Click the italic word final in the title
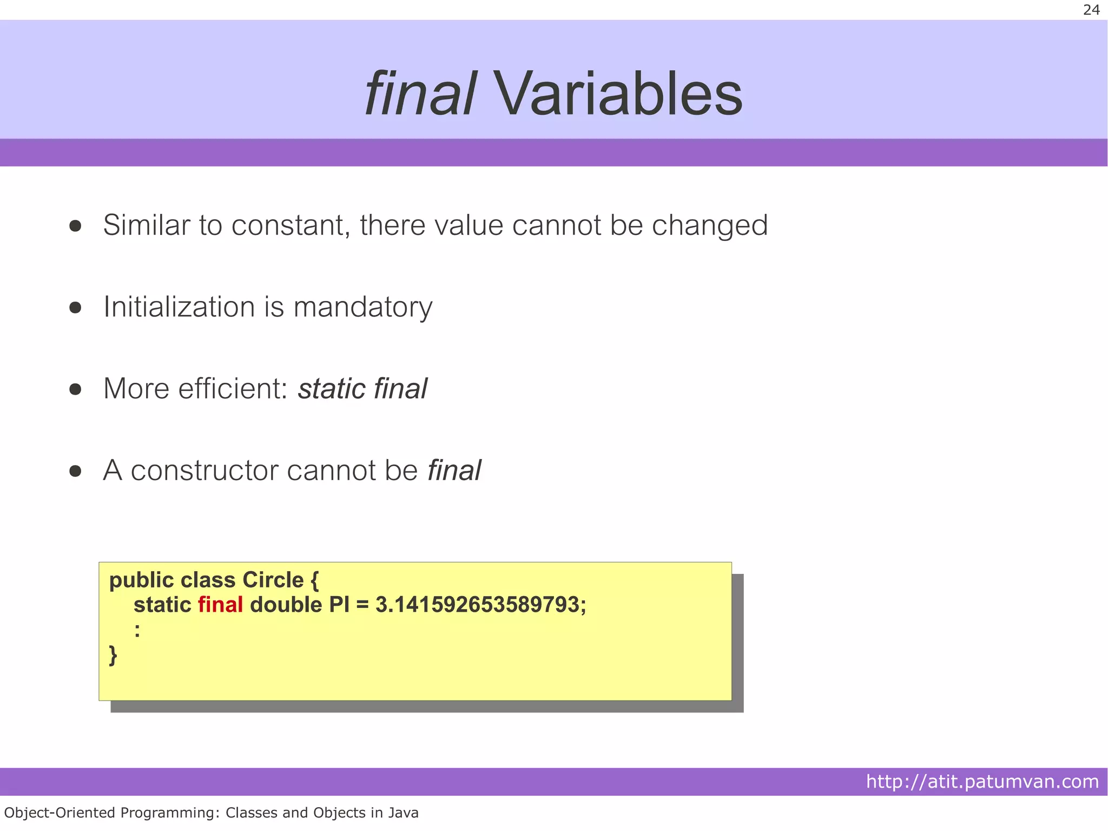point(420,95)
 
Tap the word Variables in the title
point(618,95)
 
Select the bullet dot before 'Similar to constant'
point(75,226)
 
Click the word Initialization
point(179,307)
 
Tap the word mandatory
point(362,307)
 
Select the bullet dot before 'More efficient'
point(75,389)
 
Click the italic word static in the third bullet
point(332,389)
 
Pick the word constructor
point(205,470)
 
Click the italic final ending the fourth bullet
point(454,470)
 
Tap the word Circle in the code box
point(273,580)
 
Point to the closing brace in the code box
point(113,655)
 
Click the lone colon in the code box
point(137,630)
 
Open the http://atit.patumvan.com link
point(982,782)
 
